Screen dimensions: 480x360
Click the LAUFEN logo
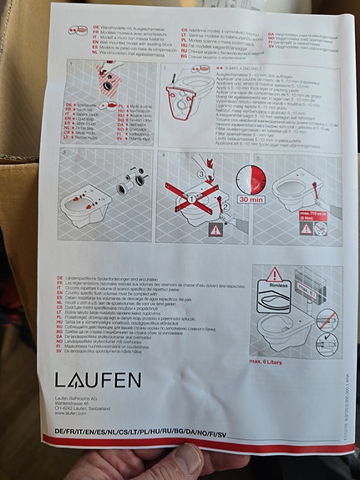[x=99, y=381]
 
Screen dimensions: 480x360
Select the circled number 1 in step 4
[x=190, y=199]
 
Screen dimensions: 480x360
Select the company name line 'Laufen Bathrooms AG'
[x=86, y=398]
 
